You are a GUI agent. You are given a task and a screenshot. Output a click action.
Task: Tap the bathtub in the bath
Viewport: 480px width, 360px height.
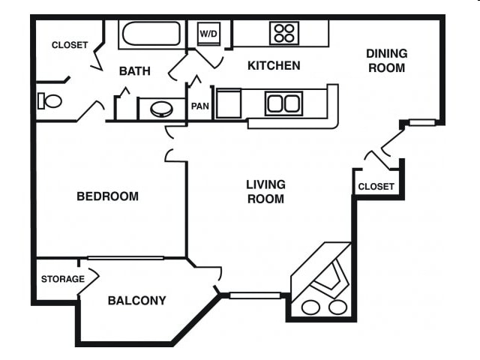151,34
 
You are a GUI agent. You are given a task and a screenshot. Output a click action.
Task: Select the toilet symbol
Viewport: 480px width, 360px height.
51,100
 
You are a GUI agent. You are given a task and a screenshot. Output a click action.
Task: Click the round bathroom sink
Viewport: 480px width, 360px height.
161,109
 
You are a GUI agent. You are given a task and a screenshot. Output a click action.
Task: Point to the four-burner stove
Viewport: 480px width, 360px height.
284,33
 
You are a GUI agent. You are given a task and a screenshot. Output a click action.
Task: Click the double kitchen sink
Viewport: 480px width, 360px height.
283,103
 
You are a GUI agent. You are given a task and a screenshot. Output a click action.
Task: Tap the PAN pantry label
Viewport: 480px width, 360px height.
199,106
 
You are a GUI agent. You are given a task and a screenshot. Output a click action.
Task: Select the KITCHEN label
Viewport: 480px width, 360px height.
274,66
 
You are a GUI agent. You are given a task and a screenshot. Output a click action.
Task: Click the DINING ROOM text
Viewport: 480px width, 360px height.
386,61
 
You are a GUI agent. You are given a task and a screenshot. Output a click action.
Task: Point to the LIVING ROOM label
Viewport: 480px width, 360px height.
265,191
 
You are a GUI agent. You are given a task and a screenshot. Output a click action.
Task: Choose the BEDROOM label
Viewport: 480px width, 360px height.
108,196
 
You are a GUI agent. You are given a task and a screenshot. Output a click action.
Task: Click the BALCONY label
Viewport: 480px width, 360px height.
136,301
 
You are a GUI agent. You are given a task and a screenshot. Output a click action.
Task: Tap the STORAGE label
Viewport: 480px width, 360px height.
62,279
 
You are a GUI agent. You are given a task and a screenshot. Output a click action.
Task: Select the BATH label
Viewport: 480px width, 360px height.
135,71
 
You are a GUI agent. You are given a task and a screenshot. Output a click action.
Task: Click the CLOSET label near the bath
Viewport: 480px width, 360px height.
70,45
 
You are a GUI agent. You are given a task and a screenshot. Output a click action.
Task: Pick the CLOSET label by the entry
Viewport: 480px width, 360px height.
376,187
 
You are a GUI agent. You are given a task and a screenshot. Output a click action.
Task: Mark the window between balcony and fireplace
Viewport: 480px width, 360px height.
255,295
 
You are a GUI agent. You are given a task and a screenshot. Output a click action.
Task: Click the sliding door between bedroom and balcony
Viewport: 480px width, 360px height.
125,258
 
